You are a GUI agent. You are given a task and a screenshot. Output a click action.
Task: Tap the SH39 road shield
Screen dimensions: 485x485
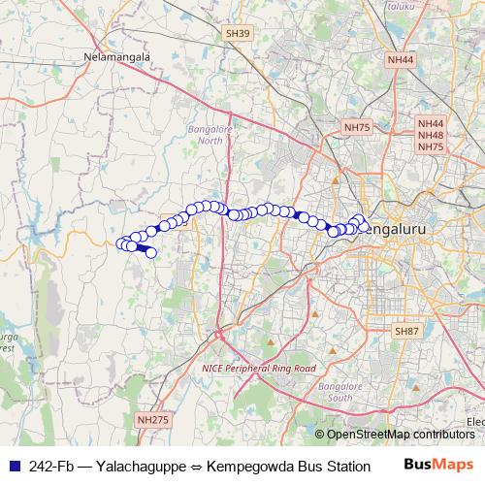point(237,34)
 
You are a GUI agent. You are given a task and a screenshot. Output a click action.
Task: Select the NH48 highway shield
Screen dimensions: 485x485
point(431,135)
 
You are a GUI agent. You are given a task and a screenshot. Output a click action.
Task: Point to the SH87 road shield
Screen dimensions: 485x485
point(406,331)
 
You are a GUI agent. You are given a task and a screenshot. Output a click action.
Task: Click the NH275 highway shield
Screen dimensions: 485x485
point(152,419)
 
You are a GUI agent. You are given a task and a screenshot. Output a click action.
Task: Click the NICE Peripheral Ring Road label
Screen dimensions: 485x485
point(259,369)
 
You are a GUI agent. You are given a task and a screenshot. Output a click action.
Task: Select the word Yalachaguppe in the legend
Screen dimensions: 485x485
point(149,466)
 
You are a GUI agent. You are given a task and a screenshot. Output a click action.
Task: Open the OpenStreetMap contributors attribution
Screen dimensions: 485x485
point(400,435)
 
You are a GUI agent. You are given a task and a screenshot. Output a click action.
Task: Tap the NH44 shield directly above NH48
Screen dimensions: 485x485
point(431,124)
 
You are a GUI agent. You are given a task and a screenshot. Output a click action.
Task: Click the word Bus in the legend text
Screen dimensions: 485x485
point(312,466)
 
